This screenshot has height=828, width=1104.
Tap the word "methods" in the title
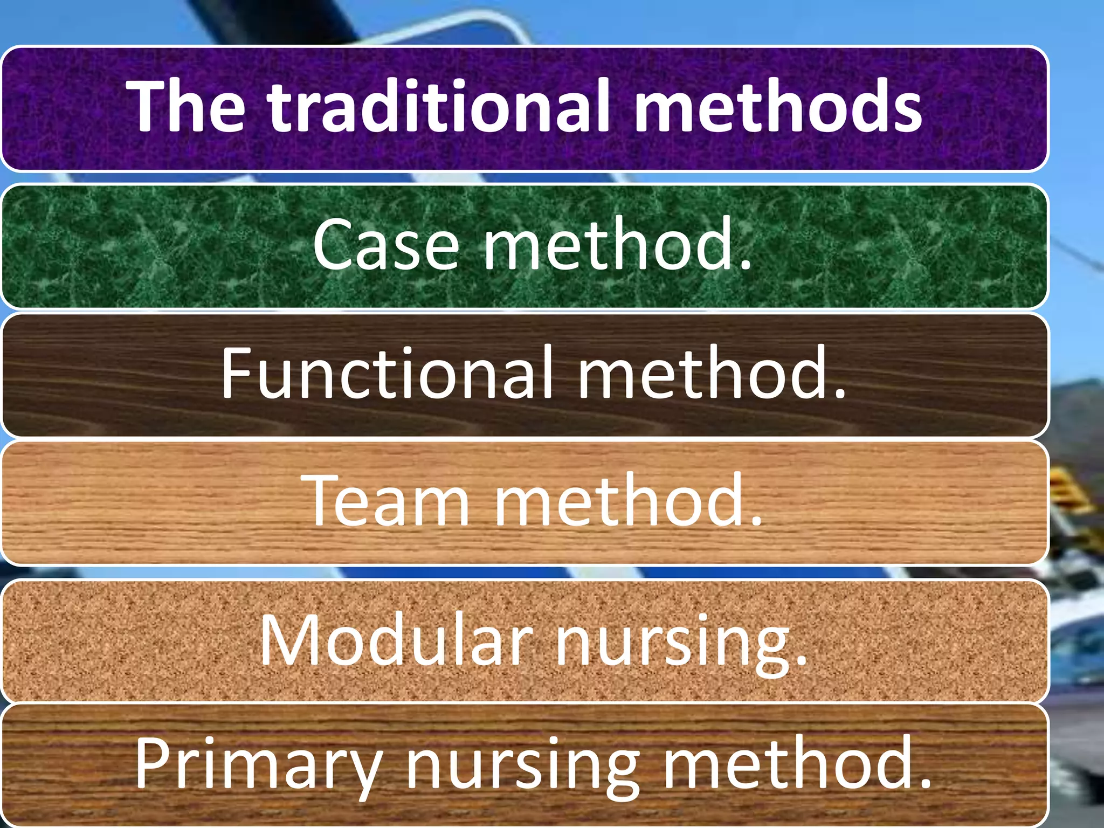[x=777, y=106]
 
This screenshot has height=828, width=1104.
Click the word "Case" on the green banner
[x=386, y=246]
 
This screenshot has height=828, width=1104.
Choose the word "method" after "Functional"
[x=703, y=373]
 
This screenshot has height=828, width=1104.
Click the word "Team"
[x=386, y=501]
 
